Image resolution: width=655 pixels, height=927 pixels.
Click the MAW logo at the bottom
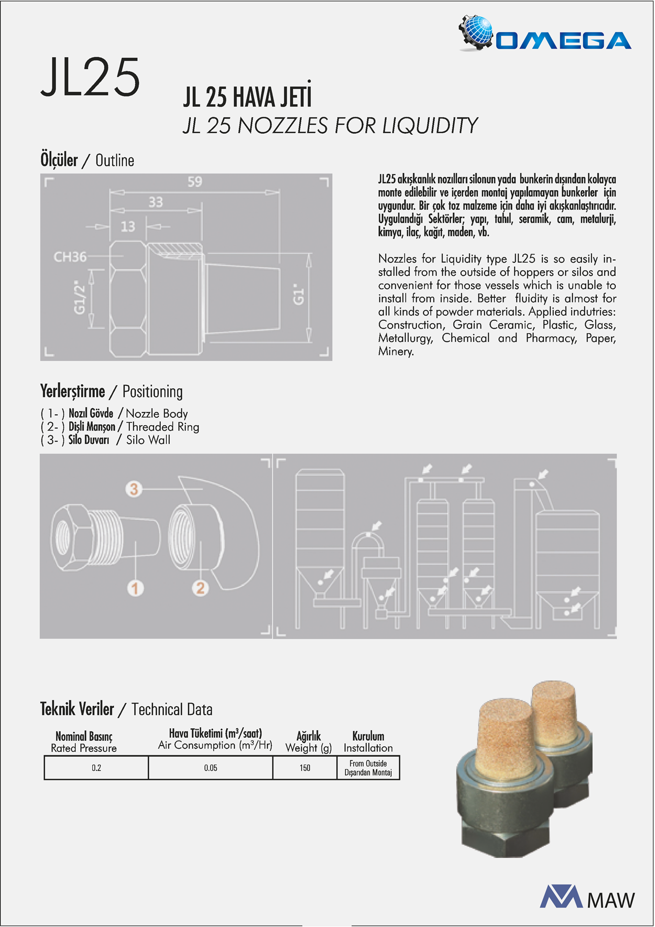587,898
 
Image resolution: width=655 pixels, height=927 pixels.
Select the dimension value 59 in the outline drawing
195,182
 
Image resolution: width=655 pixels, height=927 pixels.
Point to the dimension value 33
156,202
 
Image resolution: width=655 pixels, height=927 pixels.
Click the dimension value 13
128,227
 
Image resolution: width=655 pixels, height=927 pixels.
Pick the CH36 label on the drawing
70,257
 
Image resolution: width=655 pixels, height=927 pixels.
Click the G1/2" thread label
79,297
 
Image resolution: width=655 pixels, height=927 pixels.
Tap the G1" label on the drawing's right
298,295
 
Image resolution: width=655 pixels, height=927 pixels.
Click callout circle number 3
134,489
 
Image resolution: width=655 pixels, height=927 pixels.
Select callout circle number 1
135,588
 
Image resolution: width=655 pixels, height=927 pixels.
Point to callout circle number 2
200,588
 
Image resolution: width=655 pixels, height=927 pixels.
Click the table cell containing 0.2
96,768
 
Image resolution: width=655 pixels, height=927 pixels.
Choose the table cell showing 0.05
211,768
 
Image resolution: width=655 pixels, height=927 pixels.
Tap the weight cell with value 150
305,768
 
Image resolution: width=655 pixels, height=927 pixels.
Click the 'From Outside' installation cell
368,768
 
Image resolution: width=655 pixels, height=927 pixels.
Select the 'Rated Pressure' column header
84,748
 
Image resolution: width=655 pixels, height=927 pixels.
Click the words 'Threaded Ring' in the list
162,427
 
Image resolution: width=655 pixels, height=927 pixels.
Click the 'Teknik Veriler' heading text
77,709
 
